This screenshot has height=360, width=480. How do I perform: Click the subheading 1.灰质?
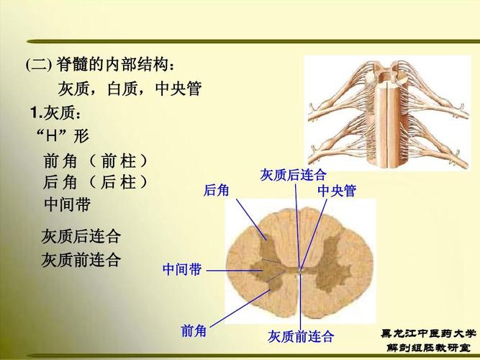coord(58,113)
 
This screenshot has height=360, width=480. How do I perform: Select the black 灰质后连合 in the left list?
coord(81,236)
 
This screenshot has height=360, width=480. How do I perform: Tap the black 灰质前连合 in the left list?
coord(81,259)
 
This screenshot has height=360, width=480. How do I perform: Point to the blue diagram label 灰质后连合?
coord(293,175)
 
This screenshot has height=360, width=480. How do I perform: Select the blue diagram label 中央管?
coord(337,191)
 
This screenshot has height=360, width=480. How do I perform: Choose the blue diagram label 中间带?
coord(182,270)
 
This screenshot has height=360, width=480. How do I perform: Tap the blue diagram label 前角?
coord(194,330)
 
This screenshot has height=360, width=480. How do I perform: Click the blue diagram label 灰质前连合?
coord(301,336)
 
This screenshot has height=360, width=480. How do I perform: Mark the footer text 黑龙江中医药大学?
coord(428,334)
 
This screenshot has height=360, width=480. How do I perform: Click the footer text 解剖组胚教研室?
coord(428,348)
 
